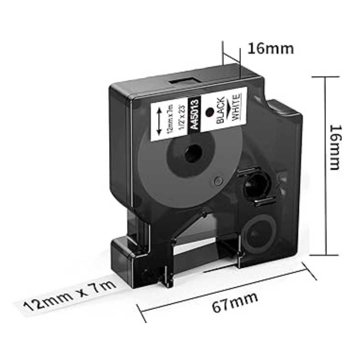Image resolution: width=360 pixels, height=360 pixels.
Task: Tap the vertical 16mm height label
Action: (335, 147)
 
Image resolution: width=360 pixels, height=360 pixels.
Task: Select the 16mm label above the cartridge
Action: (271, 49)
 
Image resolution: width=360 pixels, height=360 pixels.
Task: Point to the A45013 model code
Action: (194, 114)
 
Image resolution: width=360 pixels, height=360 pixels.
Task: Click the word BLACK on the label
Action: (220, 110)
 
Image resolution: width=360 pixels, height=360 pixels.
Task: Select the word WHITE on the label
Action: (236, 107)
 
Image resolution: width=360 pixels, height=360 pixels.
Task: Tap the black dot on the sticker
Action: (209, 112)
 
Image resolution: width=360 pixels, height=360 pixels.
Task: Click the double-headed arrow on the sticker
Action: (159, 122)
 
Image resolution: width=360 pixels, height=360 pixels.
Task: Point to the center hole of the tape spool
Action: (193, 153)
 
